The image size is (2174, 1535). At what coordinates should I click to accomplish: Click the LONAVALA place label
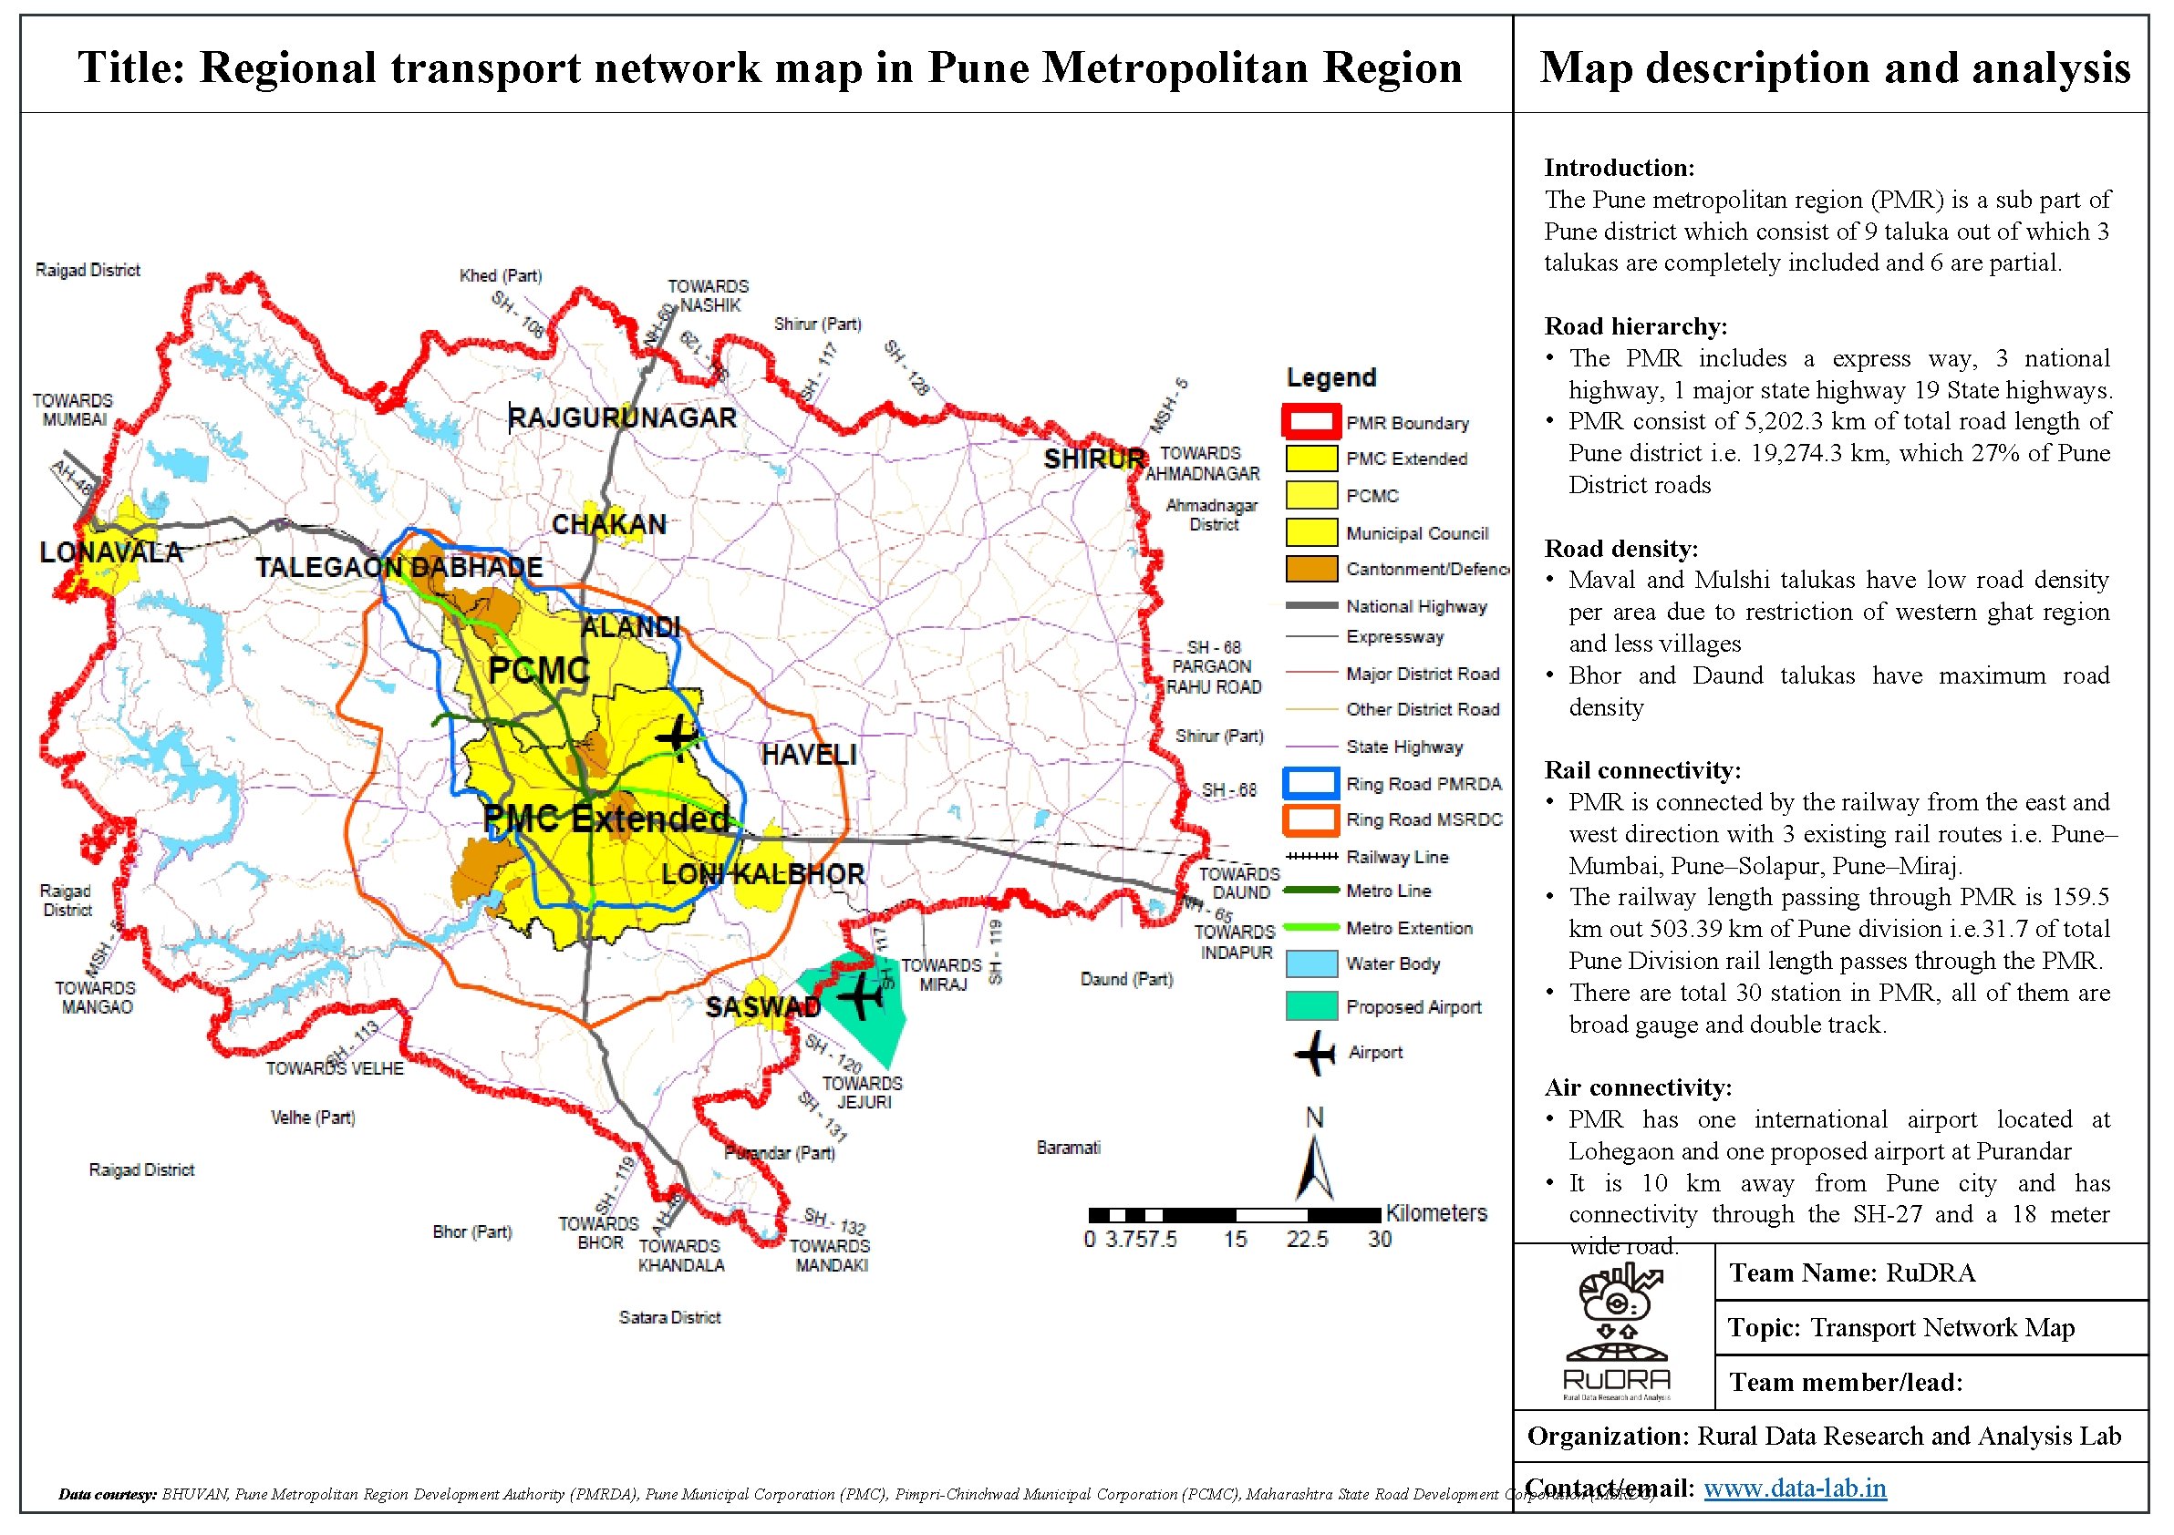click(110, 552)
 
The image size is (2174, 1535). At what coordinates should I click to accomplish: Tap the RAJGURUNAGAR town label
click(622, 418)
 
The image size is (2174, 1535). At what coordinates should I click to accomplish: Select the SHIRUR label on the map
click(1093, 460)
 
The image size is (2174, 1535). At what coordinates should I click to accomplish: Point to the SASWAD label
click(762, 1008)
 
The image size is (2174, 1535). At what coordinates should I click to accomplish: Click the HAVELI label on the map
click(809, 756)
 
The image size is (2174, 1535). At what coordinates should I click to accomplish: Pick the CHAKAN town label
click(609, 525)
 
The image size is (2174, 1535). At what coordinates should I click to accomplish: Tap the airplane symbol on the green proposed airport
click(860, 996)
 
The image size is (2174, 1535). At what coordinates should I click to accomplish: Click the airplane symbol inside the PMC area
click(678, 737)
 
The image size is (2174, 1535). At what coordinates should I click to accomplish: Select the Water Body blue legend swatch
click(1311, 964)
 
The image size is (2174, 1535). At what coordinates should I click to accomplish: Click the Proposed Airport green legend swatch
click(1311, 1007)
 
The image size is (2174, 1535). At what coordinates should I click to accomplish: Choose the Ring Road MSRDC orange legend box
click(1311, 820)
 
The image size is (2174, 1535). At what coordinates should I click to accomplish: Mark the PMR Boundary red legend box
click(1311, 422)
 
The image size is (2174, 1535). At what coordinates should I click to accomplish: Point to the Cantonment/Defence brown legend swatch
click(1311, 570)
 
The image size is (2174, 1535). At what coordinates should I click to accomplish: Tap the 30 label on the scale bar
click(1380, 1240)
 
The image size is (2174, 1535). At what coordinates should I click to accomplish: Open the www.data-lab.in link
click(1796, 1489)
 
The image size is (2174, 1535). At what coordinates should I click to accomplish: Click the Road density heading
click(1621, 549)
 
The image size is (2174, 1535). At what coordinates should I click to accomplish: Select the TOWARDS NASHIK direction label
click(709, 296)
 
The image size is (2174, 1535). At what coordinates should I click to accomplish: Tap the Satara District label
click(669, 1318)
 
